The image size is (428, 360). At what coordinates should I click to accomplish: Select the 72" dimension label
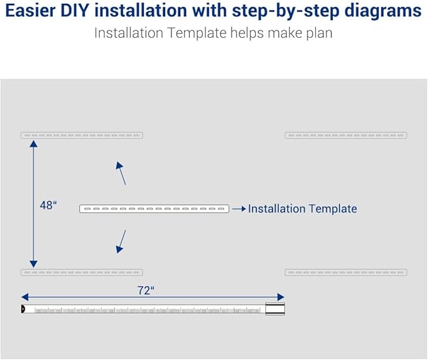click(146, 290)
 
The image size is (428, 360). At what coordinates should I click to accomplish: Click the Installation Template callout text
click(303, 209)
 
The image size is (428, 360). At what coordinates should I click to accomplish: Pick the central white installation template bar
click(154, 209)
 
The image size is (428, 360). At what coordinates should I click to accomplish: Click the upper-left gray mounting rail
click(82, 135)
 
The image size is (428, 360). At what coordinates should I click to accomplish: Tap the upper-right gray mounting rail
click(346, 135)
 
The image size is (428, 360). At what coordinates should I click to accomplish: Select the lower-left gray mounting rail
click(82, 272)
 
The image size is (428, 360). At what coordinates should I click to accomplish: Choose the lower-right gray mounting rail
click(346, 272)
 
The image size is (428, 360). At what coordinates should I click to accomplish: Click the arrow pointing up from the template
click(121, 173)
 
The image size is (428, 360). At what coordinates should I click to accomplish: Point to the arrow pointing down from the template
click(121, 242)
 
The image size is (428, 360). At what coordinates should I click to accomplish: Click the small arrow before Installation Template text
click(238, 209)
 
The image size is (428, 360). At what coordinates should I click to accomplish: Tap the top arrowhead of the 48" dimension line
click(33, 144)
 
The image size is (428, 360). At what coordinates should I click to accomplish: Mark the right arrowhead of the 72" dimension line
click(281, 297)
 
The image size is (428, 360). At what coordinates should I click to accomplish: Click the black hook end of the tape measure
click(23, 309)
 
